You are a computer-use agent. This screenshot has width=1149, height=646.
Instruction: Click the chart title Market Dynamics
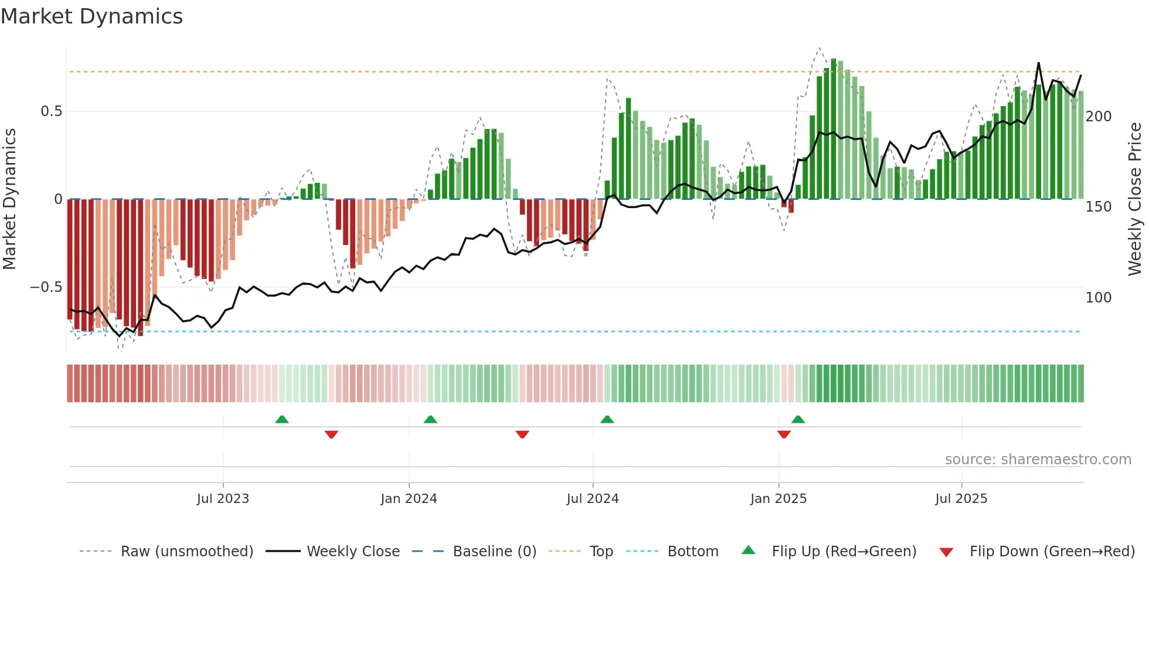coord(92,16)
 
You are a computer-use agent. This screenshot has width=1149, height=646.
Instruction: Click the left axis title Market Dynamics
coord(10,199)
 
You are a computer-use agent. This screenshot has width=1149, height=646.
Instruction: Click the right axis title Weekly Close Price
coord(1135,199)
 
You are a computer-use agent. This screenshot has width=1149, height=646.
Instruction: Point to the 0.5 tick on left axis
coord(51,111)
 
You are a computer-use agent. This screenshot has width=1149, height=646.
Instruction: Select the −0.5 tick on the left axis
coord(46,287)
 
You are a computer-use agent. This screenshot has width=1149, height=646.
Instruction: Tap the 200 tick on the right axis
coord(1098,117)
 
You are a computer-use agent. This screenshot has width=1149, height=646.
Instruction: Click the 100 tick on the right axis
coord(1098,298)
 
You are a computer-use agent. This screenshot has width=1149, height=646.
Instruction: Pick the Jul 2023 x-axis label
coord(223,499)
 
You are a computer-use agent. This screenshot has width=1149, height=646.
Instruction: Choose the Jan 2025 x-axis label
coord(779,499)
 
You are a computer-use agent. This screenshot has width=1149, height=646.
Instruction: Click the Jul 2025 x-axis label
coord(961,499)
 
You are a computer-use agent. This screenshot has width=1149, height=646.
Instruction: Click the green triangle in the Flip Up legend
coord(749,550)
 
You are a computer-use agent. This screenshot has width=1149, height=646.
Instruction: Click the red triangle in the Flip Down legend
coord(946,552)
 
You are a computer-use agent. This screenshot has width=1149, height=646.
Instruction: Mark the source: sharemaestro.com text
coord(1038,460)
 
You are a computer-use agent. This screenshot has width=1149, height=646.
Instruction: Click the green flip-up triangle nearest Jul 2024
coord(607,420)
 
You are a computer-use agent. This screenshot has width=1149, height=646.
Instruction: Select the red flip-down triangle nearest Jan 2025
coord(784,434)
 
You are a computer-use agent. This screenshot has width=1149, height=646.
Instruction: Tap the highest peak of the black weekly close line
coord(1039,63)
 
